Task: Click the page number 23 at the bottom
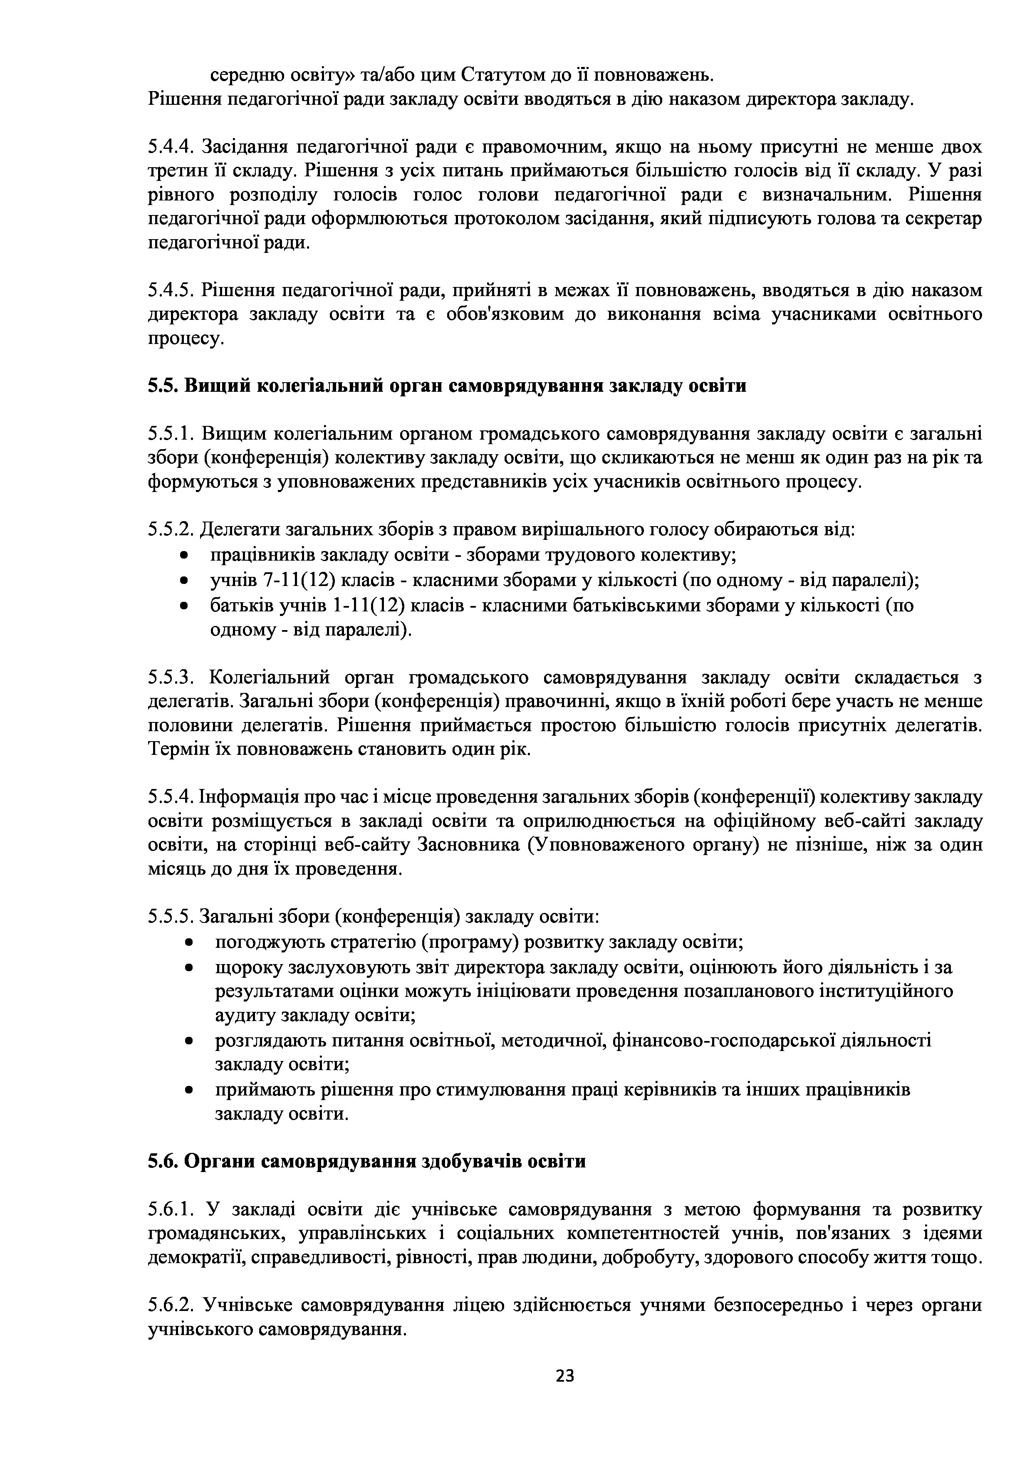coord(564,1376)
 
